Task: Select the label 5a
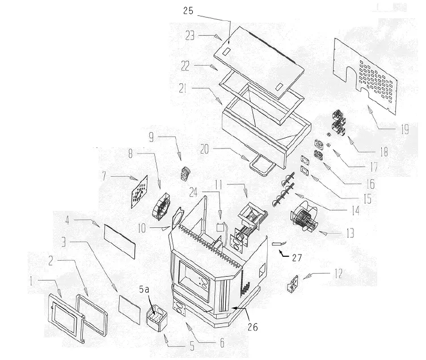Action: [x=145, y=290]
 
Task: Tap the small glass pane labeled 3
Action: [x=129, y=308]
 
